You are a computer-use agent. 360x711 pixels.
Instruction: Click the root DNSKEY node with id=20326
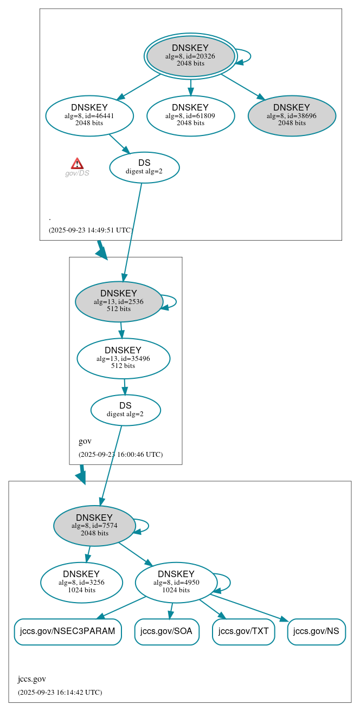coord(190,56)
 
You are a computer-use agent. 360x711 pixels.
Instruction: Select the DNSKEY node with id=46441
coord(89,115)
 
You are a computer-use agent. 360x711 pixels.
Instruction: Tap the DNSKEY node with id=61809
coord(190,115)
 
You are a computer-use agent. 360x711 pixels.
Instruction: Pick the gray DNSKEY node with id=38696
coord(292,115)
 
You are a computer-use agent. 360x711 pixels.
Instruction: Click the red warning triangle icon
coord(77,164)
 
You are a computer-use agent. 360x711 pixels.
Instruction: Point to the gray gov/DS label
coord(77,173)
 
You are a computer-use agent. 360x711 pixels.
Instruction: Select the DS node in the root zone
coord(144,167)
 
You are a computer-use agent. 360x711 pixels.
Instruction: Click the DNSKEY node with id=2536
coord(119,301)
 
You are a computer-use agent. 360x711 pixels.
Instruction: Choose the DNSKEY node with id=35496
coord(123,358)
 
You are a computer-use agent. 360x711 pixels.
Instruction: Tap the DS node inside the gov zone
coord(125,410)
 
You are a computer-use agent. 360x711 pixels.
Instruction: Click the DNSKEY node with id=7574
coord(94,525)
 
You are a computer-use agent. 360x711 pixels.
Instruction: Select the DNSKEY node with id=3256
coord(81,582)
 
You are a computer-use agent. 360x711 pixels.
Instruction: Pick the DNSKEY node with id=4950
coord(176,582)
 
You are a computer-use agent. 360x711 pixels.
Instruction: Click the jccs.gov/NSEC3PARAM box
coord(68,631)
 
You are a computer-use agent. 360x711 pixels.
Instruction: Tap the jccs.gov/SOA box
coord(166,631)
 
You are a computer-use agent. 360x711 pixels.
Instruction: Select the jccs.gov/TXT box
coord(243,631)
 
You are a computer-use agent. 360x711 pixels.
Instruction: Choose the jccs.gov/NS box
coord(316,631)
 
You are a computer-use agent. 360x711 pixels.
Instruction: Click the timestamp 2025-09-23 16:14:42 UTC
coord(60,692)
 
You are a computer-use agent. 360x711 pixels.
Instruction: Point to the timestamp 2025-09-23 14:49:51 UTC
coord(91,230)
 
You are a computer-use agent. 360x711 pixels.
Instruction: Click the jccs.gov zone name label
coord(32,679)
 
